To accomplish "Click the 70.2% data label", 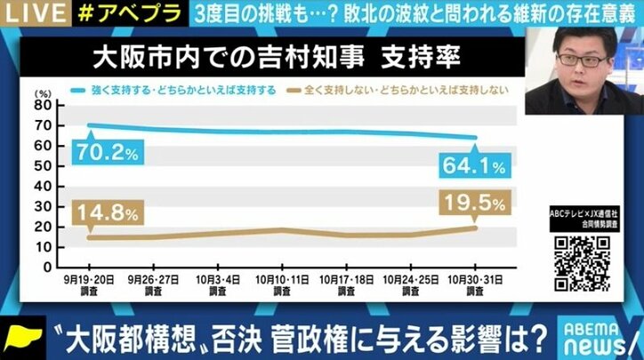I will [102, 154].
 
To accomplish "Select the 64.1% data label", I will [471, 165].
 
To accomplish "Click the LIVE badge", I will [28, 12].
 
